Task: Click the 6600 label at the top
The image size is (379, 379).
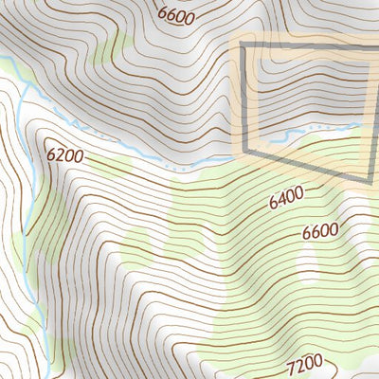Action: click(x=176, y=16)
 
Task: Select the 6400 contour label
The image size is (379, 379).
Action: click(x=286, y=198)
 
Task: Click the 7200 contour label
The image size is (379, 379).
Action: click(x=304, y=361)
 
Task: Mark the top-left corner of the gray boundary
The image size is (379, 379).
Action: click(x=243, y=45)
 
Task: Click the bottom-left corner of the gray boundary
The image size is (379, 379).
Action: click(x=245, y=151)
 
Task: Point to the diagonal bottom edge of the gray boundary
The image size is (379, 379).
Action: click(x=308, y=165)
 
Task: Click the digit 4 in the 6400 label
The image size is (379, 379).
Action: click(x=281, y=200)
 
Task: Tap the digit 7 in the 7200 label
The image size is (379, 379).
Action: click(x=290, y=365)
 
